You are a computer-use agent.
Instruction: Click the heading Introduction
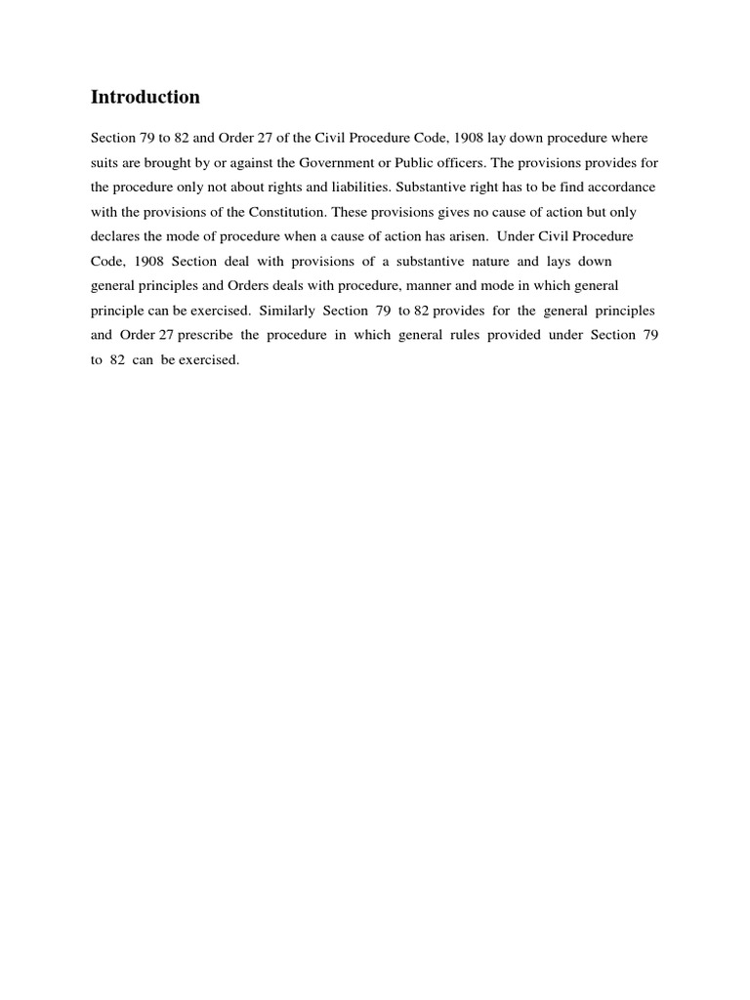click(x=145, y=97)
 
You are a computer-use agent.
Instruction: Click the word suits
click(x=104, y=162)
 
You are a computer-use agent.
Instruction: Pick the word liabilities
click(x=359, y=187)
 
